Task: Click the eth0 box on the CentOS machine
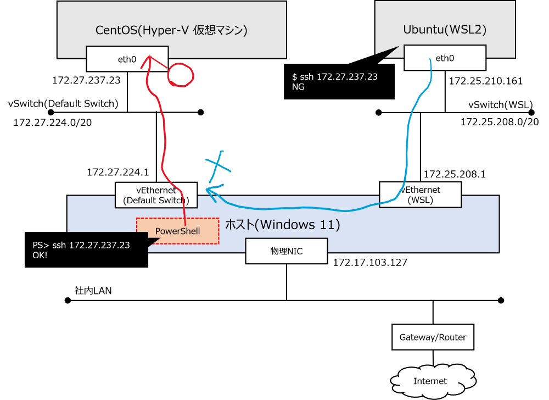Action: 127,59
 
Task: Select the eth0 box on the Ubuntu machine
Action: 445,58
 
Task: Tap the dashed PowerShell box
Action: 177,231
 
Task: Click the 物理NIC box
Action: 287,251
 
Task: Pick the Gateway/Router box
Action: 433,337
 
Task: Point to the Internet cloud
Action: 433,381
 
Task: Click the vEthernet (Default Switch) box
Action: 156,195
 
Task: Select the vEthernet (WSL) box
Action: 420,195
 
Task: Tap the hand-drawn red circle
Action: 192,75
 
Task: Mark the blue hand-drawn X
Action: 219,166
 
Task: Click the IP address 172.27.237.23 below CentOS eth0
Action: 86,80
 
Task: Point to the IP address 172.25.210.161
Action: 486,81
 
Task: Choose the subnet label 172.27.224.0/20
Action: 53,123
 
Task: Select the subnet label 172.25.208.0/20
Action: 499,122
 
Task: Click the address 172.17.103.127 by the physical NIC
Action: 370,262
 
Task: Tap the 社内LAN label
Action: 93,291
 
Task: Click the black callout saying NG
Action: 339,81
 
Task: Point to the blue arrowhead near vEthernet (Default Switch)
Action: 211,191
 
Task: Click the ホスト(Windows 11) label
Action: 282,225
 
